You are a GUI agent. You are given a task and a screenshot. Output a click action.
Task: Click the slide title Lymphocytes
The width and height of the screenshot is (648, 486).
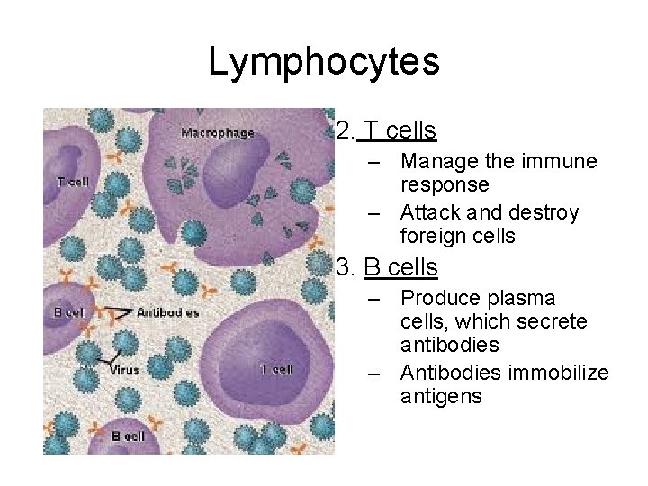point(324,62)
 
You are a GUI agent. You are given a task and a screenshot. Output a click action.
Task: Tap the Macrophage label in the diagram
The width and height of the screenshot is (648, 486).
point(218,133)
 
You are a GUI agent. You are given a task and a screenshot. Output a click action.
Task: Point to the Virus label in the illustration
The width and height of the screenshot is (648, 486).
point(124,370)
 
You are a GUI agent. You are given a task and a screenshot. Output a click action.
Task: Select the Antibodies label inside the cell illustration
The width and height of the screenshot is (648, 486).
point(168,312)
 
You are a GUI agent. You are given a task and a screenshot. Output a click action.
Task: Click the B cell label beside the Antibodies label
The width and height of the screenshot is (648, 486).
point(70,312)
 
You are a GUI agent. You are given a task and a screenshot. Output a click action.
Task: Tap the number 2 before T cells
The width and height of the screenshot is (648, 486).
point(343,131)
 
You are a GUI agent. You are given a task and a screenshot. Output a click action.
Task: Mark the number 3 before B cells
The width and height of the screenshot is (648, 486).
point(343,267)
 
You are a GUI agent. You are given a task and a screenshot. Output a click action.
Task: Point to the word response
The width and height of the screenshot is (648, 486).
point(445,185)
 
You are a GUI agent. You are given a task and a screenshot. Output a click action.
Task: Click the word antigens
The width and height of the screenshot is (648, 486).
point(441,396)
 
